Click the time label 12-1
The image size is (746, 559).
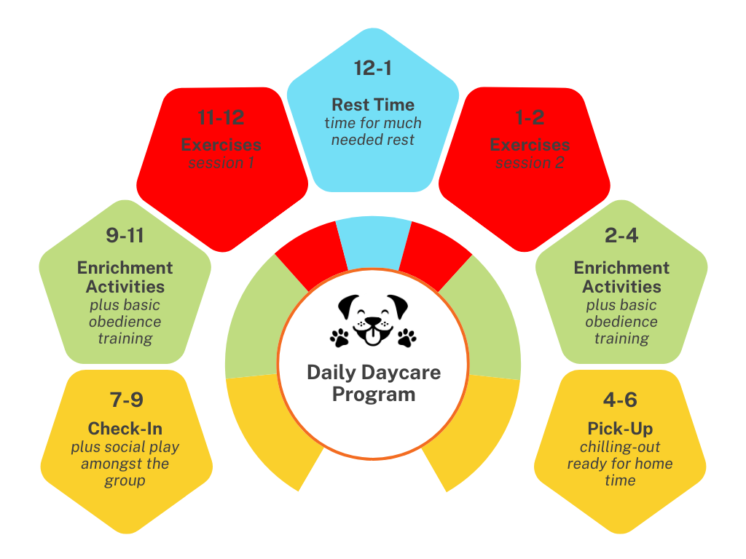373,68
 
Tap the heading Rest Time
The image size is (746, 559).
373,104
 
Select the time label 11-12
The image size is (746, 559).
221,117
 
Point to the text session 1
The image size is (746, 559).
221,163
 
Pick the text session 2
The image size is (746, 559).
530,163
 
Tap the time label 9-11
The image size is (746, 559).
125,236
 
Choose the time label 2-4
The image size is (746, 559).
621,236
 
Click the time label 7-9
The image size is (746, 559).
125,400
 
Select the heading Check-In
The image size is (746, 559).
125,428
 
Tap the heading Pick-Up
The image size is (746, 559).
621,428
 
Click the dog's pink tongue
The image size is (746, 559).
373,337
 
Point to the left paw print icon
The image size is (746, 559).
339,337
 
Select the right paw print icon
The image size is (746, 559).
407,337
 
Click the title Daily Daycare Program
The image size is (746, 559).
373,383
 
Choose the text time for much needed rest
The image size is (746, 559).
373,131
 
